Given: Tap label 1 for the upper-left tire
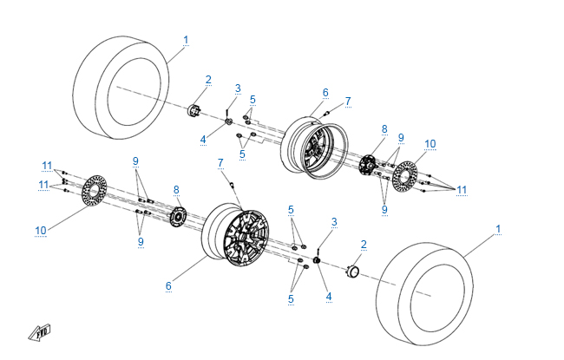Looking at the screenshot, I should click(x=186, y=40).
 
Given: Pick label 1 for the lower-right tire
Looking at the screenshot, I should click(x=498, y=229).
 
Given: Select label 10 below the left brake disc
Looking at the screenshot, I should click(x=40, y=230).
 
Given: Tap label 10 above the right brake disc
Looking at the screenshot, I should click(x=430, y=143).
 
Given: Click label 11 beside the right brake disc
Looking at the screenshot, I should click(x=462, y=190).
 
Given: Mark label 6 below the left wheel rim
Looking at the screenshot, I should click(x=170, y=285).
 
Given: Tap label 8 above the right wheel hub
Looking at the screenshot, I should click(x=384, y=128).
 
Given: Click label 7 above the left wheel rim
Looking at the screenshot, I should click(x=220, y=162).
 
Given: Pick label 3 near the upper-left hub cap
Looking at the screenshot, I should click(x=238, y=88).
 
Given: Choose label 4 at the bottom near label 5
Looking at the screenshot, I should click(x=328, y=297).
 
